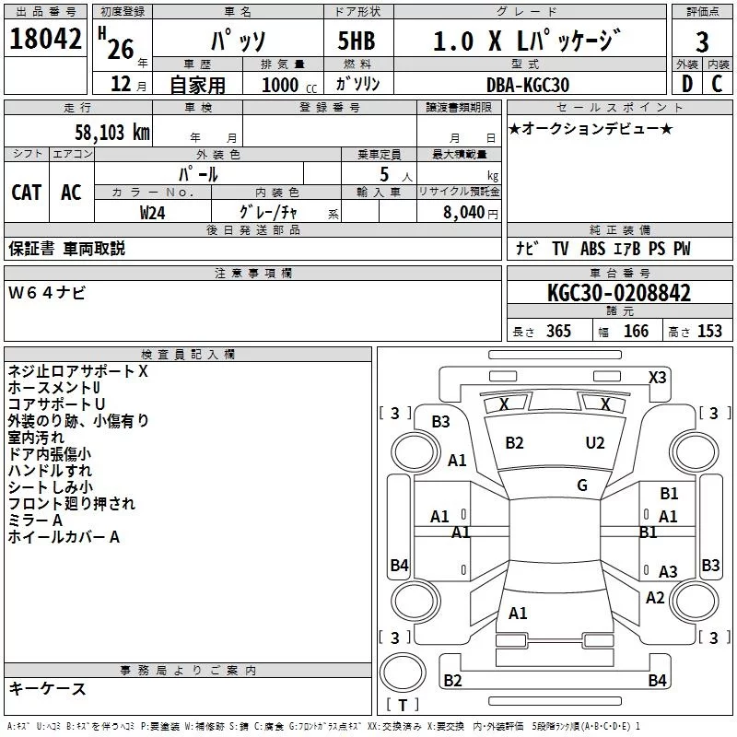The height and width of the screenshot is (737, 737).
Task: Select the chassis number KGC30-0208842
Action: click(x=619, y=293)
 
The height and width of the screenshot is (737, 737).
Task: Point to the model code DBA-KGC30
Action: click(x=528, y=85)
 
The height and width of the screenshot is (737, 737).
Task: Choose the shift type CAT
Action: click(x=26, y=192)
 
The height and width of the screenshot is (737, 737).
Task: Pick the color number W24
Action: click(x=153, y=212)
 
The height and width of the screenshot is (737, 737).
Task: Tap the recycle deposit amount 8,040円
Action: click(x=471, y=212)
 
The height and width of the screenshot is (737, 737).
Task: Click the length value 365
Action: click(x=557, y=332)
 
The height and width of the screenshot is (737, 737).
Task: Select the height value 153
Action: click(x=709, y=332)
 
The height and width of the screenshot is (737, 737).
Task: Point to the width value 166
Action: click(x=636, y=332)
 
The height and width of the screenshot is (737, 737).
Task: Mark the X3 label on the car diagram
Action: click(x=658, y=377)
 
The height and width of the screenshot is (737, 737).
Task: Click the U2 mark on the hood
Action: click(x=595, y=442)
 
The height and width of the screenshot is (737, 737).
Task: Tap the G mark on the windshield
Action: click(x=582, y=485)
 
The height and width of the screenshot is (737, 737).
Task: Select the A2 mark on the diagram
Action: click(x=655, y=597)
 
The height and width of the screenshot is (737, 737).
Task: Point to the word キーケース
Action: click(x=48, y=688)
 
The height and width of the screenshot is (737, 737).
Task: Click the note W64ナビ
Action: click(x=48, y=293)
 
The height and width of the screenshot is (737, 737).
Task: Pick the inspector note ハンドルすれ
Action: click(x=50, y=470)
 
